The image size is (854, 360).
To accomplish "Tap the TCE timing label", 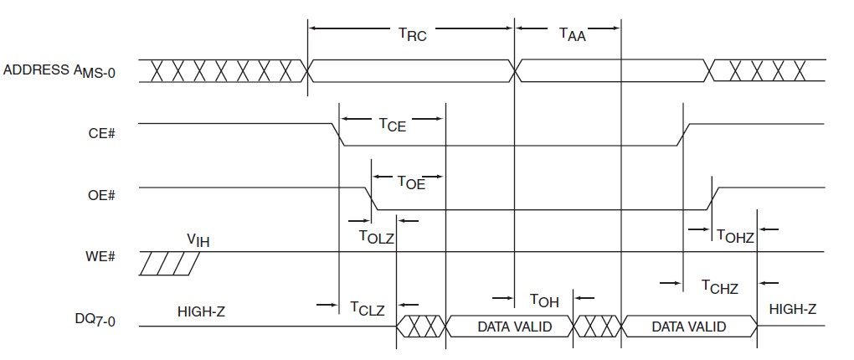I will point(392,126).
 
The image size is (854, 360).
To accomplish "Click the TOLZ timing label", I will point(377,237).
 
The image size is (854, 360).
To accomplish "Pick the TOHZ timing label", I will point(735,237).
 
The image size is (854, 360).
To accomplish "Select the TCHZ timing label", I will point(720,287).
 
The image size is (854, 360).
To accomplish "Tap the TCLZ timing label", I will point(367,309).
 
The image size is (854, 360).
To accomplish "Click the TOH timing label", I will point(544,301).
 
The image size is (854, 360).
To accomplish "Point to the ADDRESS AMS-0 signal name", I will point(59,71).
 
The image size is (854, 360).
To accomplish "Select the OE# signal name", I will point(100,194).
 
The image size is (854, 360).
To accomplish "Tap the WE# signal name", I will point(100,255).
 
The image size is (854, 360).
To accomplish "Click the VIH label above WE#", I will point(198,240).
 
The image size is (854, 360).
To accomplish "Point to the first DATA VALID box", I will point(514,327).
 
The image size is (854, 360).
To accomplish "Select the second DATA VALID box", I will point(688,327).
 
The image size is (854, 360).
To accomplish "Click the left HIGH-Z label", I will point(202,311).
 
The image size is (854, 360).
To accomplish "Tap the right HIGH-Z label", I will point(792,309).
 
